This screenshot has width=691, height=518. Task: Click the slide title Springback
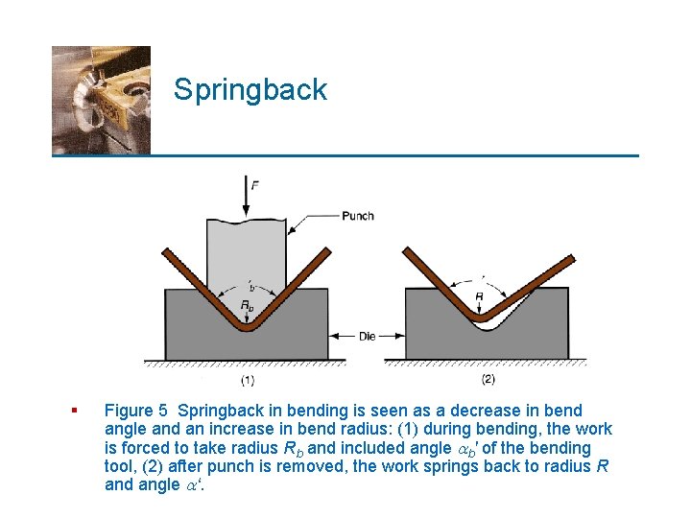(250, 90)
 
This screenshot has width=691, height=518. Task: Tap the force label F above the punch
(253, 183)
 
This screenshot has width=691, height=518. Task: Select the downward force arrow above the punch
(250, 203)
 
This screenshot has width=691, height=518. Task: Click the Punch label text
(358, 216)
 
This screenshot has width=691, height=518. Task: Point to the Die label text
(368, 337)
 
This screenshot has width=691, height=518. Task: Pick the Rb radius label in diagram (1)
(248, 307)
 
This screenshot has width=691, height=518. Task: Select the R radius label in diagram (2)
(478, 297)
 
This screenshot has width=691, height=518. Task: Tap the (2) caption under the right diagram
(488, 379)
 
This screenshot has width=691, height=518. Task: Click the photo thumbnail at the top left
(101, 100)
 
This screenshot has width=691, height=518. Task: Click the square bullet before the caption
(74, 412)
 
